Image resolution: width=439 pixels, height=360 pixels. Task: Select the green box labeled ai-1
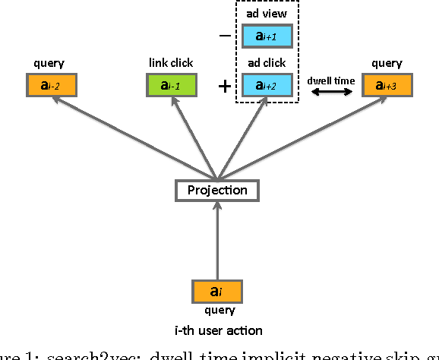click(172, 84)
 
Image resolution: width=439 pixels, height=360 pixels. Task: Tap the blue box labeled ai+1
click(267, 36)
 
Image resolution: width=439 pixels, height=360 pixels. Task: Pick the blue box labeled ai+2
click(267, 84)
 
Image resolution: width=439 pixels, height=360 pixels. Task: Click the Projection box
click(217, 190)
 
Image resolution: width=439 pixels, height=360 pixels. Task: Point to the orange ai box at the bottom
click(217, 291)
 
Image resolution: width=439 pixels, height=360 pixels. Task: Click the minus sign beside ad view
click(224, 36)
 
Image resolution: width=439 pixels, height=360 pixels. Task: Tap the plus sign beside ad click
click(224, 86)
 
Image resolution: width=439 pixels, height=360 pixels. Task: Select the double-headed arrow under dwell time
click(331, 92)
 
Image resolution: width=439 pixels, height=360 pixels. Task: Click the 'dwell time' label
click(331, 80)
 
